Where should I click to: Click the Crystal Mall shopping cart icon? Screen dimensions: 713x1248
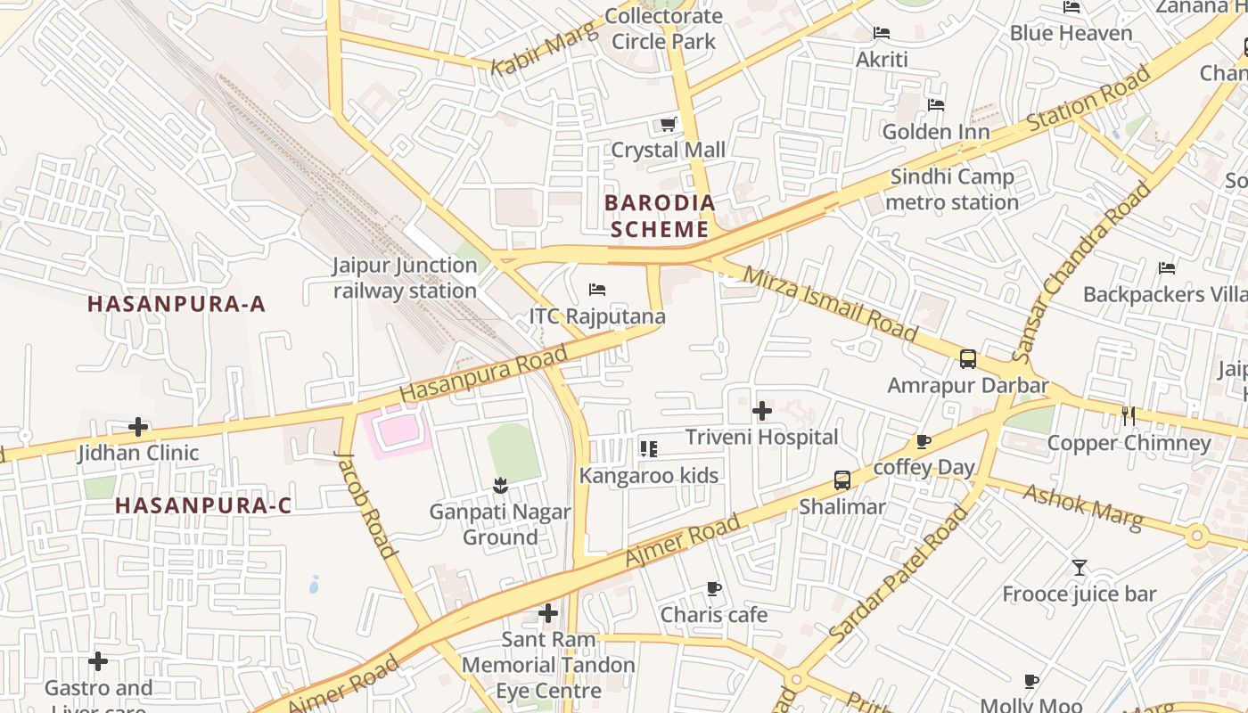tap(668, 124)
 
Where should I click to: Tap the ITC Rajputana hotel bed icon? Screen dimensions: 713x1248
tap(597, 290)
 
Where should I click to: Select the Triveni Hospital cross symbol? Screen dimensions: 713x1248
tap(762, 411)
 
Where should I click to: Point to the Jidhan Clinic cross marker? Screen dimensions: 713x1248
tap(138, 427)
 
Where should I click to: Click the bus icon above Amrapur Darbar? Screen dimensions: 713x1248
tap(968, 359)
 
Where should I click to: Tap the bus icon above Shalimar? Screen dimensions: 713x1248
tap(842, 480)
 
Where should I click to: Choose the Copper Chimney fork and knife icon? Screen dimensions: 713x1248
tap(1129, 415)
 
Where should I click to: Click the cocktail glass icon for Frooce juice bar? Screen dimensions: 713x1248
tap(1080, 568)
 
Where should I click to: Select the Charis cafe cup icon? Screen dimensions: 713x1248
tap(713, 588)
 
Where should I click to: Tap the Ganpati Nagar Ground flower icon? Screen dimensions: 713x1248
tap(499, 486)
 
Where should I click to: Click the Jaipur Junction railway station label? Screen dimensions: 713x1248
tap(406, 278)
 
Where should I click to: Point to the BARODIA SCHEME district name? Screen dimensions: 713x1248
tap(660, 216)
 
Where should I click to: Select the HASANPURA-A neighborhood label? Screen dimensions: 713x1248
tap(177, 304)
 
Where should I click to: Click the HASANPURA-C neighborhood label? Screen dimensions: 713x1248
tap(203, 505)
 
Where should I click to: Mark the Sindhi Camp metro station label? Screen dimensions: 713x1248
tap(952, 190)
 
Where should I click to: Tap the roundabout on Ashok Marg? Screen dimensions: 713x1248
tap(1196, 537)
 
